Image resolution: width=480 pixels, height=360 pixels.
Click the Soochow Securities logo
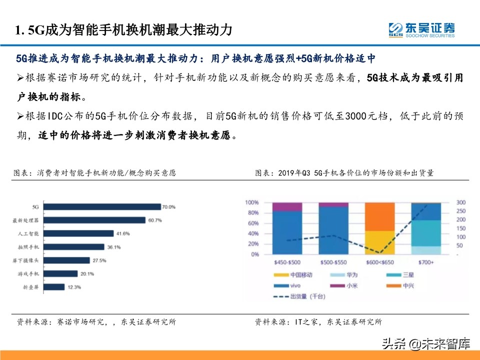point(421,29)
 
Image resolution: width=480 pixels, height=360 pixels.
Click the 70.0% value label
point(169,206)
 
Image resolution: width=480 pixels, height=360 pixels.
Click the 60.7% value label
point(153,220)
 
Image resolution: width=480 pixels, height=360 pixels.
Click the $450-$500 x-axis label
point(287,262)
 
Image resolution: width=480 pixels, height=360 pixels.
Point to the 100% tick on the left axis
point(251,202)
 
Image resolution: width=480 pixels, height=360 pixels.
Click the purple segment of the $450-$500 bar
point(287,206)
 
